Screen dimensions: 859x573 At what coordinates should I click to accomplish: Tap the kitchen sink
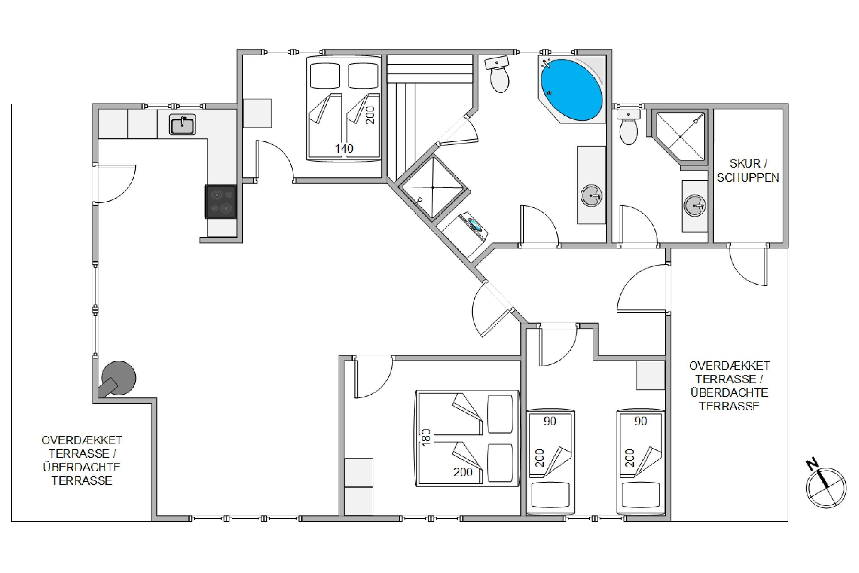pos(182,124)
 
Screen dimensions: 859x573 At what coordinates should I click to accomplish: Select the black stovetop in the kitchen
pos(220,202)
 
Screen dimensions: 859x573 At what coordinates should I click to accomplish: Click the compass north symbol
pos(826,488)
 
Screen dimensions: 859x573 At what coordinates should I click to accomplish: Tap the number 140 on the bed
pos(344,148)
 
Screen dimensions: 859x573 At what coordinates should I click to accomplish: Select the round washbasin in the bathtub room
pos(591,196)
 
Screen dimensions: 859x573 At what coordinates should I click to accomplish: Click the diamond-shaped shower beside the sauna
pos(433,187)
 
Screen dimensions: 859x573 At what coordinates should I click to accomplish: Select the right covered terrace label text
pos(729,386)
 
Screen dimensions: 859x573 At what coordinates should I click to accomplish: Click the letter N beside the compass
pos(813,465)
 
